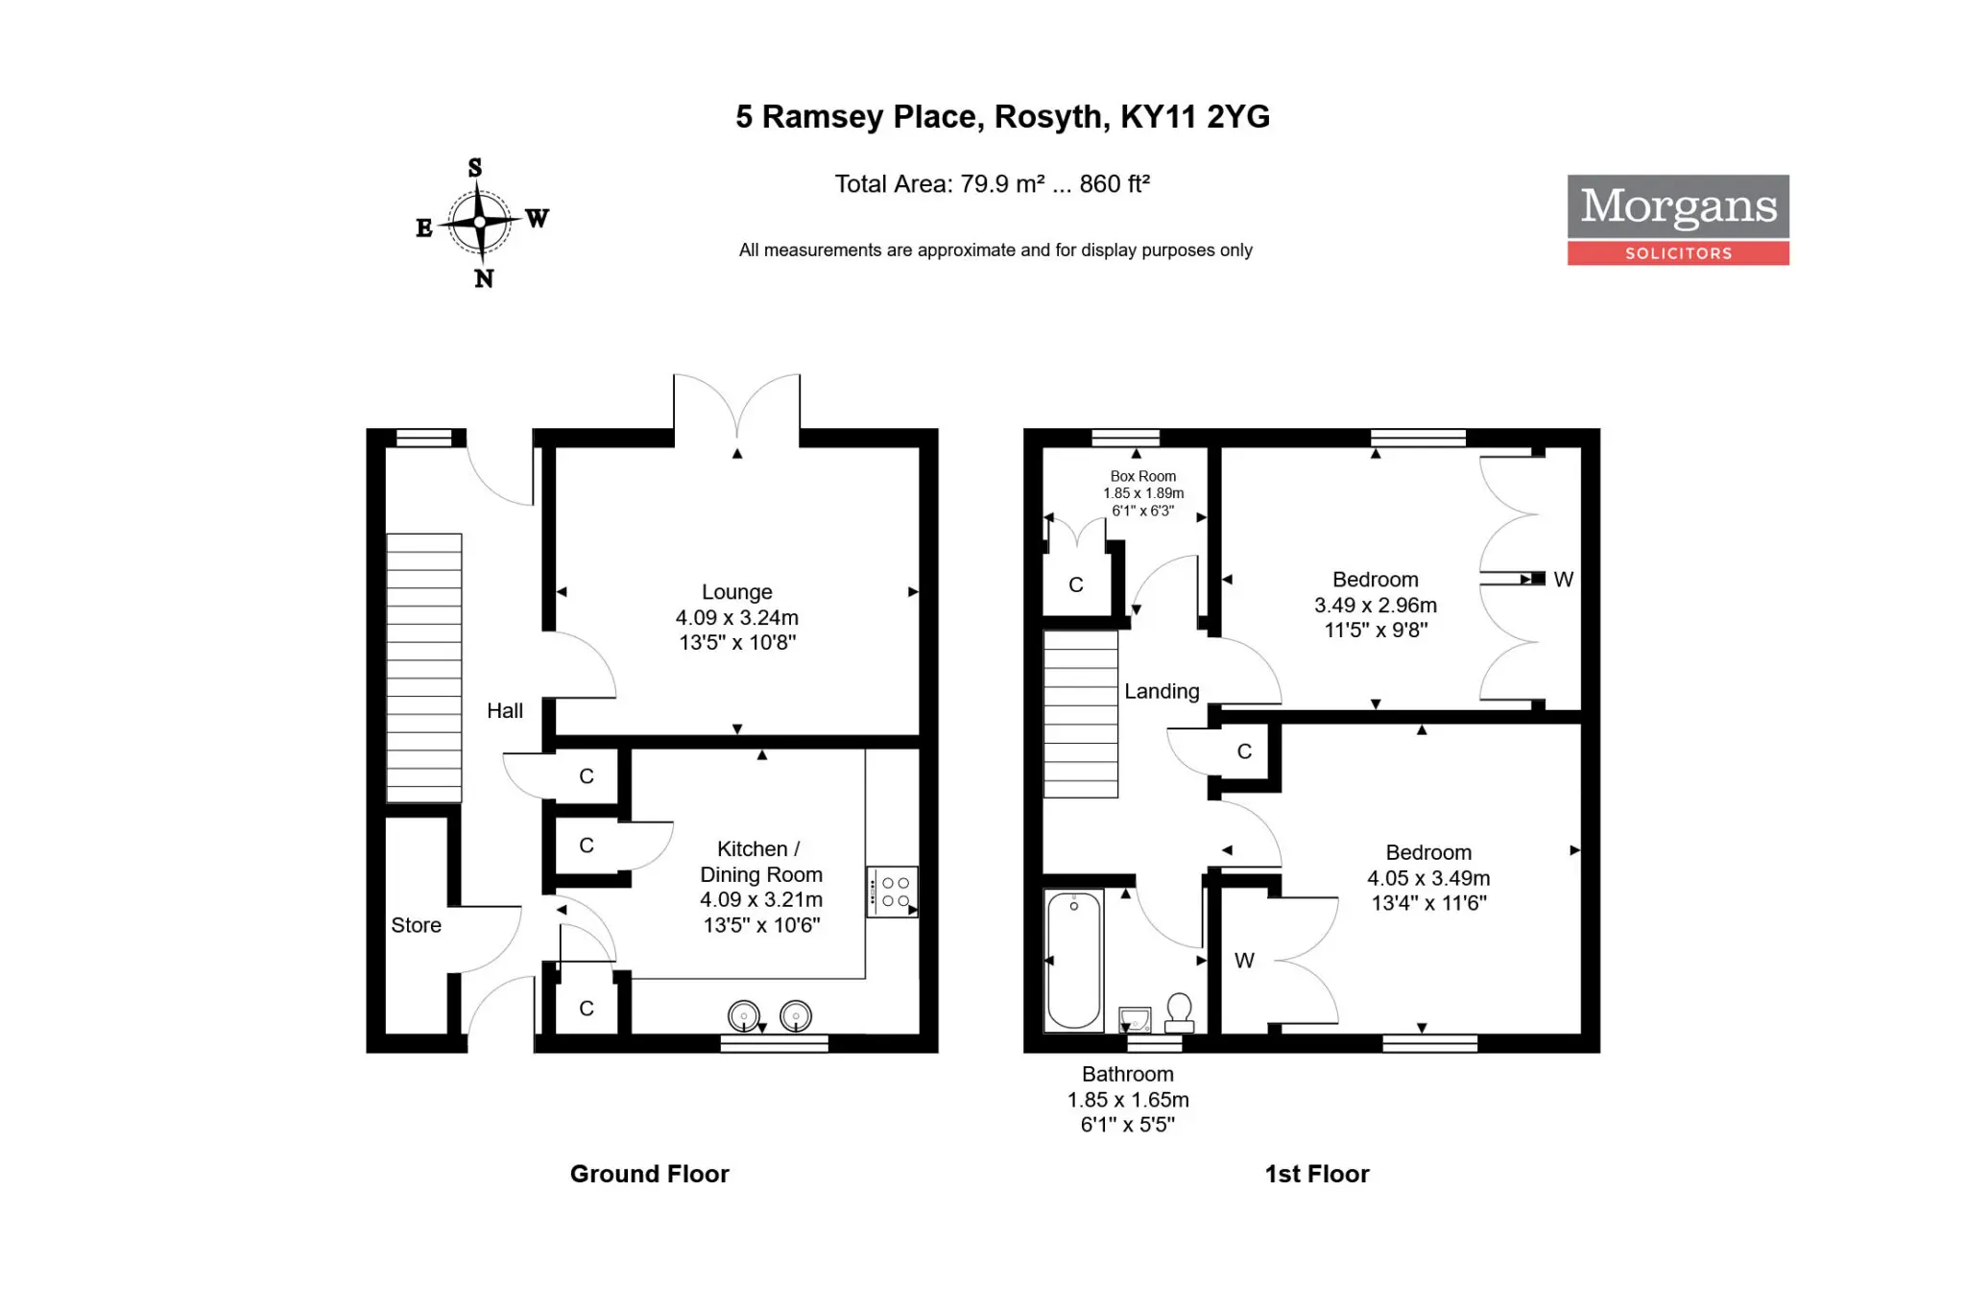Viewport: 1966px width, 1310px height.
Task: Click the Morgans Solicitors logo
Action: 1678,220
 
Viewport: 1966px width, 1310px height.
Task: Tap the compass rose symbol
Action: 480,223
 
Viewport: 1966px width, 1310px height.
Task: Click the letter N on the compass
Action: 484,278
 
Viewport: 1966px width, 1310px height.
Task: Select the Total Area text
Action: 993,183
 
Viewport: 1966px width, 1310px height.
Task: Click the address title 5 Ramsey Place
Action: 1002,116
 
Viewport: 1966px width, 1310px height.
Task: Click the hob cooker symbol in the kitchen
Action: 893,893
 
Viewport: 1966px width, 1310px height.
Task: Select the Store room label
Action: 416,925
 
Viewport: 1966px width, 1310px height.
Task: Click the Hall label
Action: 505,711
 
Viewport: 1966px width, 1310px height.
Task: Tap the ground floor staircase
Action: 424,668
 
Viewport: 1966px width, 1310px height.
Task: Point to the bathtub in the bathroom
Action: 1074,961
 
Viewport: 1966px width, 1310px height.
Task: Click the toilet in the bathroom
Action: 1180,1013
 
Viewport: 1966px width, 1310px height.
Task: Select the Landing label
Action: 1162,691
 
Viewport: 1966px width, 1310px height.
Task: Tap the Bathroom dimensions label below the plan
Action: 1128,1100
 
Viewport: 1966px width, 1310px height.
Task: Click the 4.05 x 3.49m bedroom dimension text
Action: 1428,878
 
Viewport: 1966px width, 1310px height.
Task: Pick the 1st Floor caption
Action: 1317,1174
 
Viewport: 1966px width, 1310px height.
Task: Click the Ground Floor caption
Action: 650,1174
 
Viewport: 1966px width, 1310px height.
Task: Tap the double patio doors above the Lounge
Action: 736,408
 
